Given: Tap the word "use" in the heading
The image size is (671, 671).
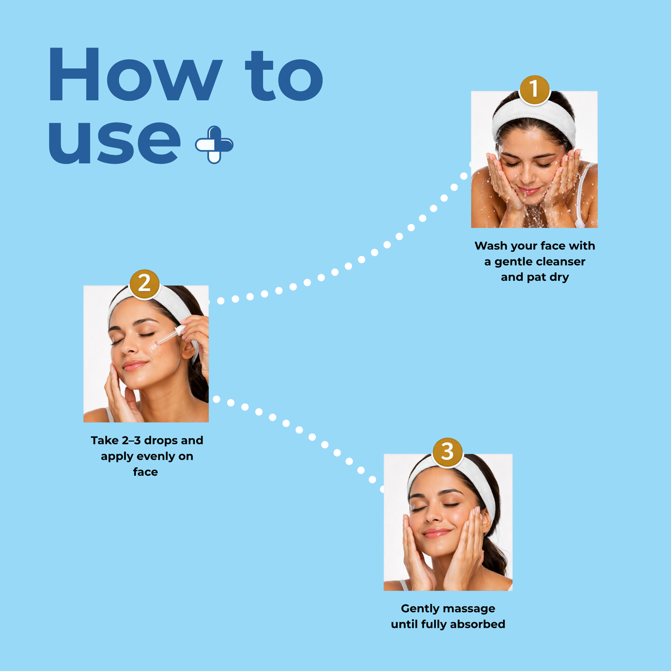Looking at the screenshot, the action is [x=115, y=141].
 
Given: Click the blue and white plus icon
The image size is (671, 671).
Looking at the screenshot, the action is [x=214, y=145].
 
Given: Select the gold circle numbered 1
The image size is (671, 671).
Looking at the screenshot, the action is [x=534, y=90].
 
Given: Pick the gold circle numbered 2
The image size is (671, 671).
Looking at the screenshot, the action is [x=144, y=284].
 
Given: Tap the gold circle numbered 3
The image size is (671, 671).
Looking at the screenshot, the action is [x=447, y=452].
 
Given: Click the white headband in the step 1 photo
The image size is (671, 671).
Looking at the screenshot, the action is [x=533, y=120].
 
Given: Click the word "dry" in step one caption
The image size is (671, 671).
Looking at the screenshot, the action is [x=559, y=277].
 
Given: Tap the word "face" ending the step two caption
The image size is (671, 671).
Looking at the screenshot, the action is [x=145, y=472].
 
